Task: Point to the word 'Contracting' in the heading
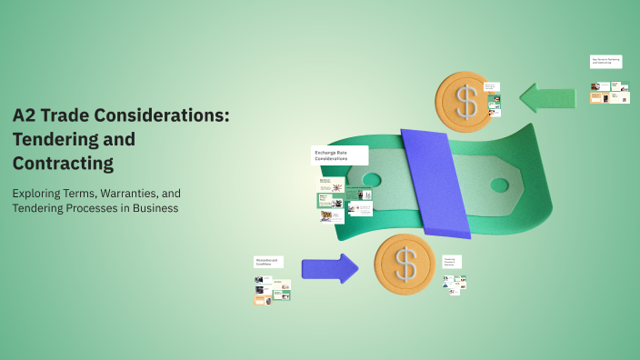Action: [63, 164]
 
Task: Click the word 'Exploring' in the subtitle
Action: [40, 194]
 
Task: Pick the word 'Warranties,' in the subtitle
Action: [135, 194]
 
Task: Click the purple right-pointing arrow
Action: [329, 268]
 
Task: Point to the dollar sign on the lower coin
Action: [405, 264]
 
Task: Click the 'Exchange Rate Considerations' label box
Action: [339, 155]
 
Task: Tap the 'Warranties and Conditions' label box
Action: [268, 262]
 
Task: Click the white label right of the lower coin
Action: [452, 261]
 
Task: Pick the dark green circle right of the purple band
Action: [499, 185]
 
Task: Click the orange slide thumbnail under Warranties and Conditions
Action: [260, 298]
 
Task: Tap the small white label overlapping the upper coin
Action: [491, 87]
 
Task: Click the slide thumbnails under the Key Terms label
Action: [609, 93]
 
